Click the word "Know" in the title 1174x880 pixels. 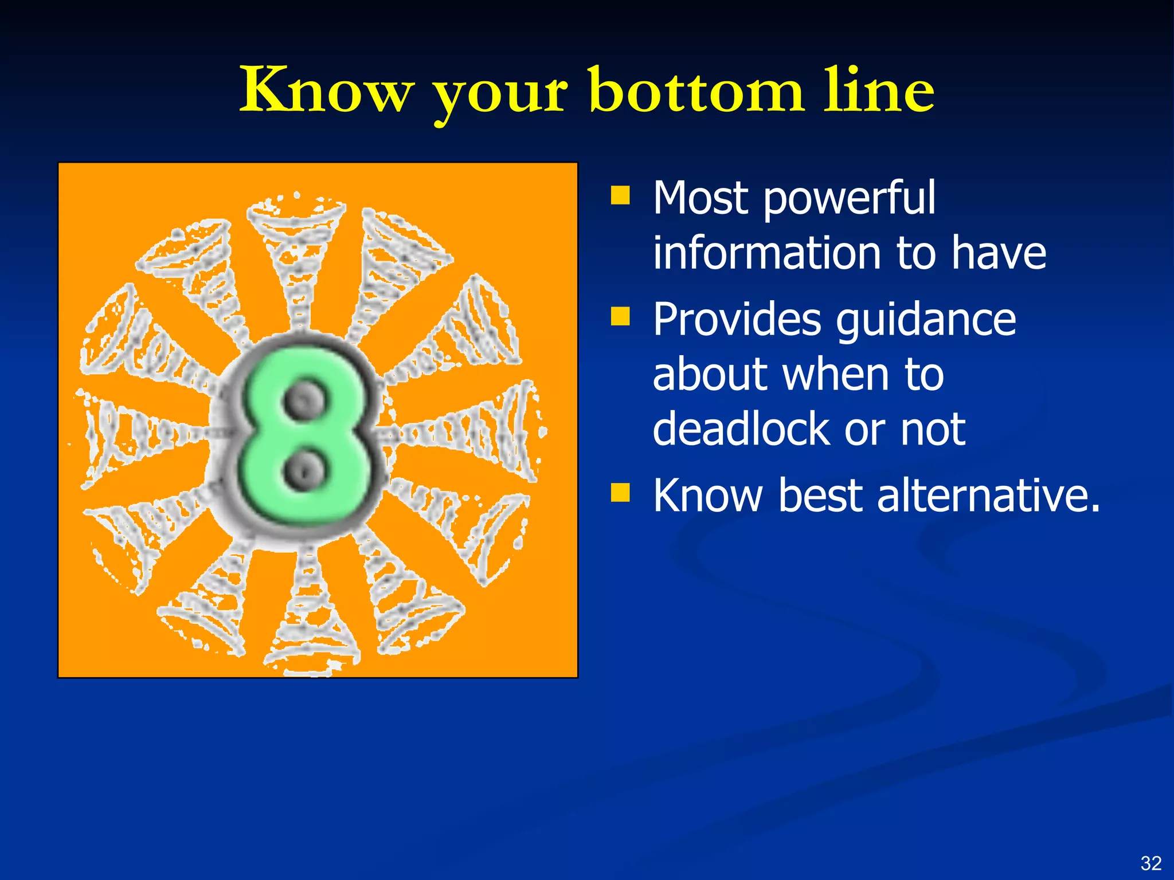(x=326, y=90)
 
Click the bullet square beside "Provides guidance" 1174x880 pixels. (x=620, y=316)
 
